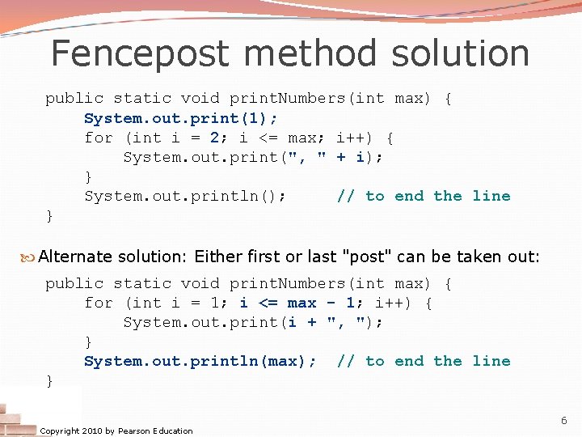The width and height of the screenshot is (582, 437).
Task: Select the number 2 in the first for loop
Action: (x=215, y=138)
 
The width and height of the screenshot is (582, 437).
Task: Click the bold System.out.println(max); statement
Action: (x=200, y=361)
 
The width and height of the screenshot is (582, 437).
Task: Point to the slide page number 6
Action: (x=564, y=421)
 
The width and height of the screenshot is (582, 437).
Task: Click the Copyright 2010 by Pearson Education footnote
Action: (x=116, y=431)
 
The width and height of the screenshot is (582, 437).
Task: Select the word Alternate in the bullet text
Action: (x=75, y=257)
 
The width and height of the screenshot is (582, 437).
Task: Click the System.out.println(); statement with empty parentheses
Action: (x=185, y=196)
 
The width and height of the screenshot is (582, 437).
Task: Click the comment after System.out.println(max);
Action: (x=424, y=361)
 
